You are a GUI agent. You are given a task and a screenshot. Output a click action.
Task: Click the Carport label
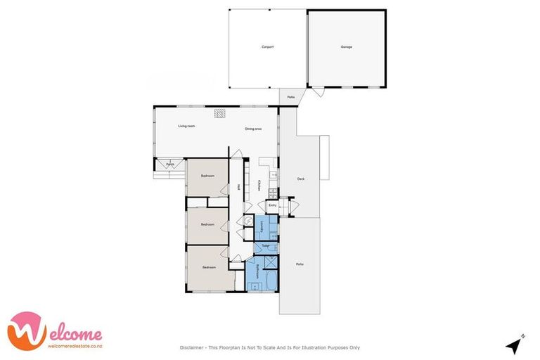[267, 47]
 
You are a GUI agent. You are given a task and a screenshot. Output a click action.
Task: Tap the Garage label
[347, 47]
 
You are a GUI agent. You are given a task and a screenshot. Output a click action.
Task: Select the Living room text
[186, 126]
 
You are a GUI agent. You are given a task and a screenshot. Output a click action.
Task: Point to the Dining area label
[253, 129]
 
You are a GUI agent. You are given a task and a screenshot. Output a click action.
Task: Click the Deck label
[301, 179]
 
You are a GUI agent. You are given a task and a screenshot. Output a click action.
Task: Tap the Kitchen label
[259, 185]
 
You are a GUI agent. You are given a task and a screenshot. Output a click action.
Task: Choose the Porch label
[170, 165]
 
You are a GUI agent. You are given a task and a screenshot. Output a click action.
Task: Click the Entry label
[272, 205]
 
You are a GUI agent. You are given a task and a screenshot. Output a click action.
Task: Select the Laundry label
[261, 226]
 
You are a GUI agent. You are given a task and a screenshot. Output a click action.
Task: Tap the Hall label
[238, 187]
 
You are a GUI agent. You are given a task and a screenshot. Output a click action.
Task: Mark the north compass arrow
[515, 345]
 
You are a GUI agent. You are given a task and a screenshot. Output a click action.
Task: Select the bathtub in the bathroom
[267, 285]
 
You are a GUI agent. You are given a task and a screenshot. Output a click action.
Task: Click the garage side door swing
[318, 92]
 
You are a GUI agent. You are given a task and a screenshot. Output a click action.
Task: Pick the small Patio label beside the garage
[290, 97]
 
